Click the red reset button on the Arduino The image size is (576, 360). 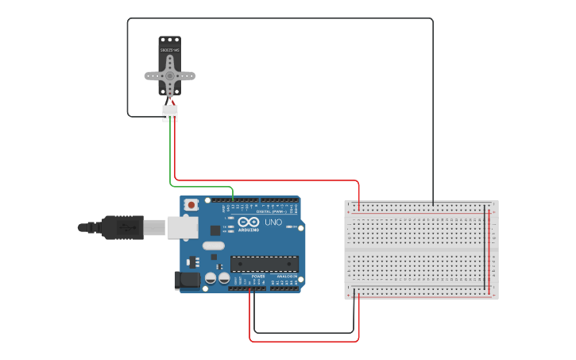point(191,205)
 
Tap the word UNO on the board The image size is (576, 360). point(273,222)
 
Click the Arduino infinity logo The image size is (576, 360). point(248,223)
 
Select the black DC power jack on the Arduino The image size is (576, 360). point(186,279)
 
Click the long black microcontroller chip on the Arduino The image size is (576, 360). point(264,263)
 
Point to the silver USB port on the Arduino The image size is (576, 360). point(182,227)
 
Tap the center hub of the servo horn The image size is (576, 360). point(169,76)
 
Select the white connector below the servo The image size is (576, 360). point(170,114)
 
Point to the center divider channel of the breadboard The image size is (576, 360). point(421,250)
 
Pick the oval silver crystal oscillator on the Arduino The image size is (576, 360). point(214,246)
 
